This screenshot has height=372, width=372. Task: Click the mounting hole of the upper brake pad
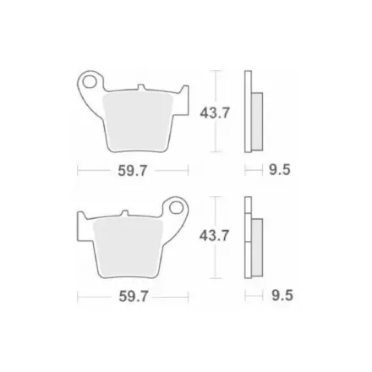pyautogui.click(x=90, y=82)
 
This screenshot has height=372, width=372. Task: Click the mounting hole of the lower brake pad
pyautogui.click(x=176, y=208)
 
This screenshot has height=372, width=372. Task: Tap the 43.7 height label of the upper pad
pyautogui.click(x=215, y=113)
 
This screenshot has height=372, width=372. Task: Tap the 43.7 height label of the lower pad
pyautogui.click(x=214, y=235)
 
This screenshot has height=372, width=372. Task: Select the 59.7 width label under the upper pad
pyautogui.click(x=133, y=171)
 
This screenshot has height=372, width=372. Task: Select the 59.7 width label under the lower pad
pyautogui.click(x=134, y=296)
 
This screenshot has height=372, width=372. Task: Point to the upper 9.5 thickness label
pyautogui.click(x=280, y=170)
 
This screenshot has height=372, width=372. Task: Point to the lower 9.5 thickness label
pyautogui.click(x=282, y=295)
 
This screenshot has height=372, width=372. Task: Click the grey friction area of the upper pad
pyautogui.click(x=138, y=122)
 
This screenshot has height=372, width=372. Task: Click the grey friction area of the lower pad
pyautogui.click(x=129, y=248)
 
